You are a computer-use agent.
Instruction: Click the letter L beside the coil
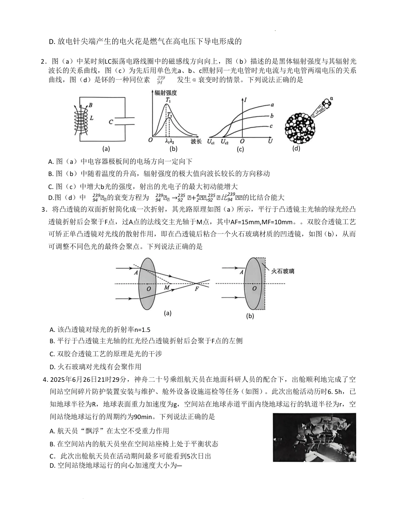[x=91, y=118]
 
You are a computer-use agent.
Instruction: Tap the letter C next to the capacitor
[x=111, y=122]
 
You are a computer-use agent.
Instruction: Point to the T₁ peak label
[x=168, y=100]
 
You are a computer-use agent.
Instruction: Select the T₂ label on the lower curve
[x=169, y=114]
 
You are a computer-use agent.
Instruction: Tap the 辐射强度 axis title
[x=166, y=93]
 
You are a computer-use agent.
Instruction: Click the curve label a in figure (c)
[x=272, y=104]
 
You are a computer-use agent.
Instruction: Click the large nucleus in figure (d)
[x=300, y=126]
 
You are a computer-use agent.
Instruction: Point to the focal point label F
[x=196, y=289]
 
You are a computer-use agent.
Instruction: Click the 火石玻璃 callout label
[x=283, y=271]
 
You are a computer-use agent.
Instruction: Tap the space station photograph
[x=314, y=437]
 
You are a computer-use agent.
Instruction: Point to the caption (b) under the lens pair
[x=250, y=316]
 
